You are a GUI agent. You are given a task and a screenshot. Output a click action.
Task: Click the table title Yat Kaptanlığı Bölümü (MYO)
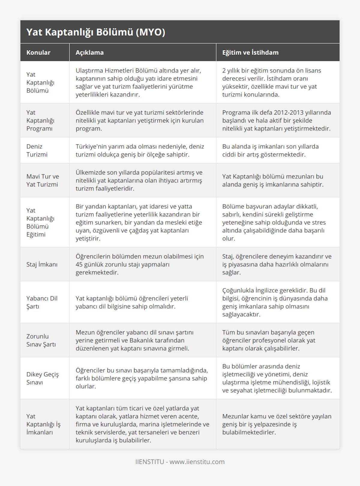click(x=96, y=32)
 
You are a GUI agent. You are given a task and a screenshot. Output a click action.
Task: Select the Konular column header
click(x=38, y=52)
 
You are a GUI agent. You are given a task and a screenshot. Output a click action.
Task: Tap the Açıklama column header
click(x=89, y=52)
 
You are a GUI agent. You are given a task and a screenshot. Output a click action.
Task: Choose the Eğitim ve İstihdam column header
click(x=250, y=52)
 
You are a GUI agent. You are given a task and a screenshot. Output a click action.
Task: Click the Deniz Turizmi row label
click(x=37, y=151)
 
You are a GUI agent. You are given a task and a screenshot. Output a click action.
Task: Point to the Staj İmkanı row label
click(x=42, y=264)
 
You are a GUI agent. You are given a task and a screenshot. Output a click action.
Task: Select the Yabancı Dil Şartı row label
click(x=42, y=302)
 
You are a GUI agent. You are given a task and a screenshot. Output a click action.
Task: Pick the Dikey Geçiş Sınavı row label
click(x=42, y=378)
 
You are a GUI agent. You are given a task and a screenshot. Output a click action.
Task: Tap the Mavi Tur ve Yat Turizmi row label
click(x=43, y=180)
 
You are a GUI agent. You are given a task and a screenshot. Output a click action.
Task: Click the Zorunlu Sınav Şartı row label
click(x=41, y=340)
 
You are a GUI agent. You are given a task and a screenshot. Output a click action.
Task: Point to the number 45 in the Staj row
click(x=79, y=264)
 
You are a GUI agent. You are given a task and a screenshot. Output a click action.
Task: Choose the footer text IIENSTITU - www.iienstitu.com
click(x=180, y=462)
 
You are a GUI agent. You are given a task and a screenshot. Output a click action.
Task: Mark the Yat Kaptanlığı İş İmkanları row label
click(x=43, y=424)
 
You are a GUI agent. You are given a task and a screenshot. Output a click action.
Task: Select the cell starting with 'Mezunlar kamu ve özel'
click(x=277, y=424)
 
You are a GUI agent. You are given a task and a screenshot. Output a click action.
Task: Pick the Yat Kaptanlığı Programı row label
click(x=40, y=121)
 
